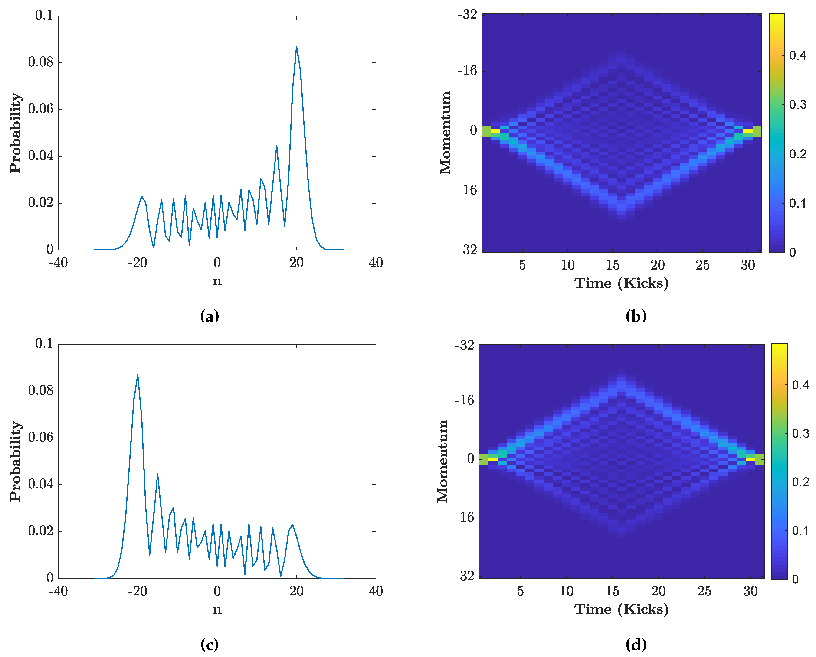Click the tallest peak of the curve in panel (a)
296,47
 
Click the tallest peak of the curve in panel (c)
138,375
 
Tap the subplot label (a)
209,315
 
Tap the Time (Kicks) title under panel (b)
621,283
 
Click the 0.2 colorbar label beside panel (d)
800,482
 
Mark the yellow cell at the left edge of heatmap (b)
495,131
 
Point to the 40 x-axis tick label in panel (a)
376,263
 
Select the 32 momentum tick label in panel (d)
467,576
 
